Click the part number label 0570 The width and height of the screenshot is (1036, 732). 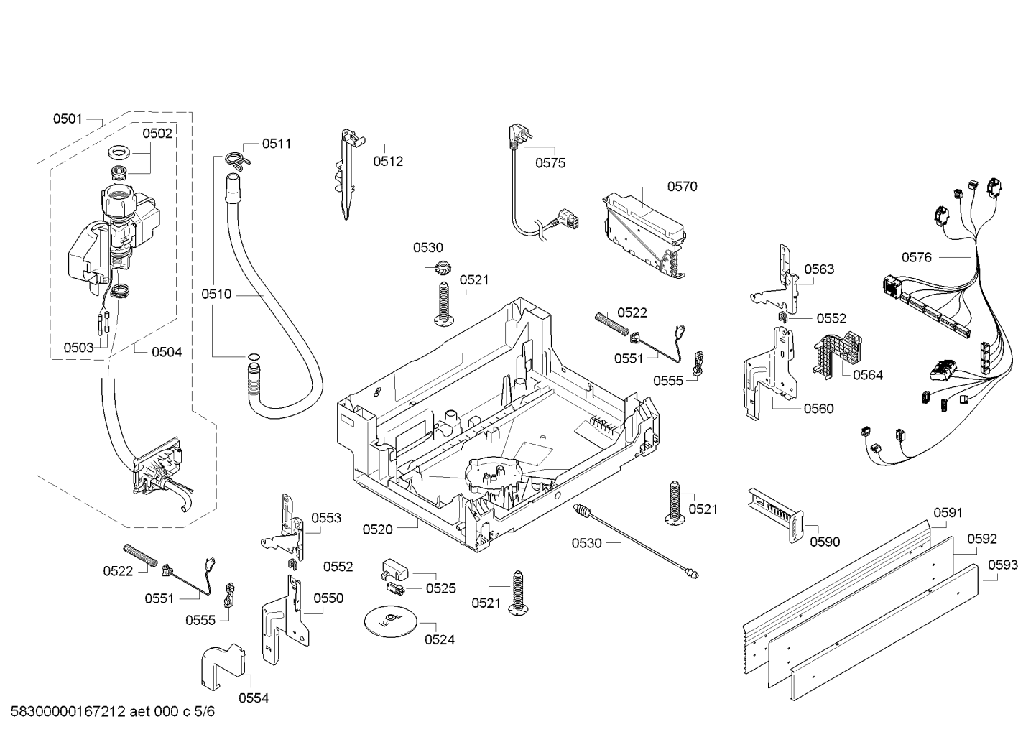pos(682,187)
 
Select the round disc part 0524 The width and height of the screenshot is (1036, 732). pos(390,623)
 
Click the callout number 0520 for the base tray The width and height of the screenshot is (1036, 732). pos(377,529)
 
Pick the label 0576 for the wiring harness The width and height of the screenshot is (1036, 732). pos(917,257)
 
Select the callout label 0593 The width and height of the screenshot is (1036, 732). pos(1003,565)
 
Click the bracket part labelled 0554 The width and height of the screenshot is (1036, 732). pos(223,666)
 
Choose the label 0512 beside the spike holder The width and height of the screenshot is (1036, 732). pos(388,162)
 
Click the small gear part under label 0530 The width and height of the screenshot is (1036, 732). pos(443,267)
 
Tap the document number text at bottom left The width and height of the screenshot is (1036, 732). pos(113,712)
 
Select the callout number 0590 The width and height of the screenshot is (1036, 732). pos(825,542)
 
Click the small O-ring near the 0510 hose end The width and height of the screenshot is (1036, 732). pos(254,356)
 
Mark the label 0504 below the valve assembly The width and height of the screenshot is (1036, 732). pos(167,353)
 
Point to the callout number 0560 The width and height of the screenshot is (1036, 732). pos(818,409)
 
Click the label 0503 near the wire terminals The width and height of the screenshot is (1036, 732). pos(78,348)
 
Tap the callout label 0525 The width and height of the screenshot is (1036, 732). pos(440,588)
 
